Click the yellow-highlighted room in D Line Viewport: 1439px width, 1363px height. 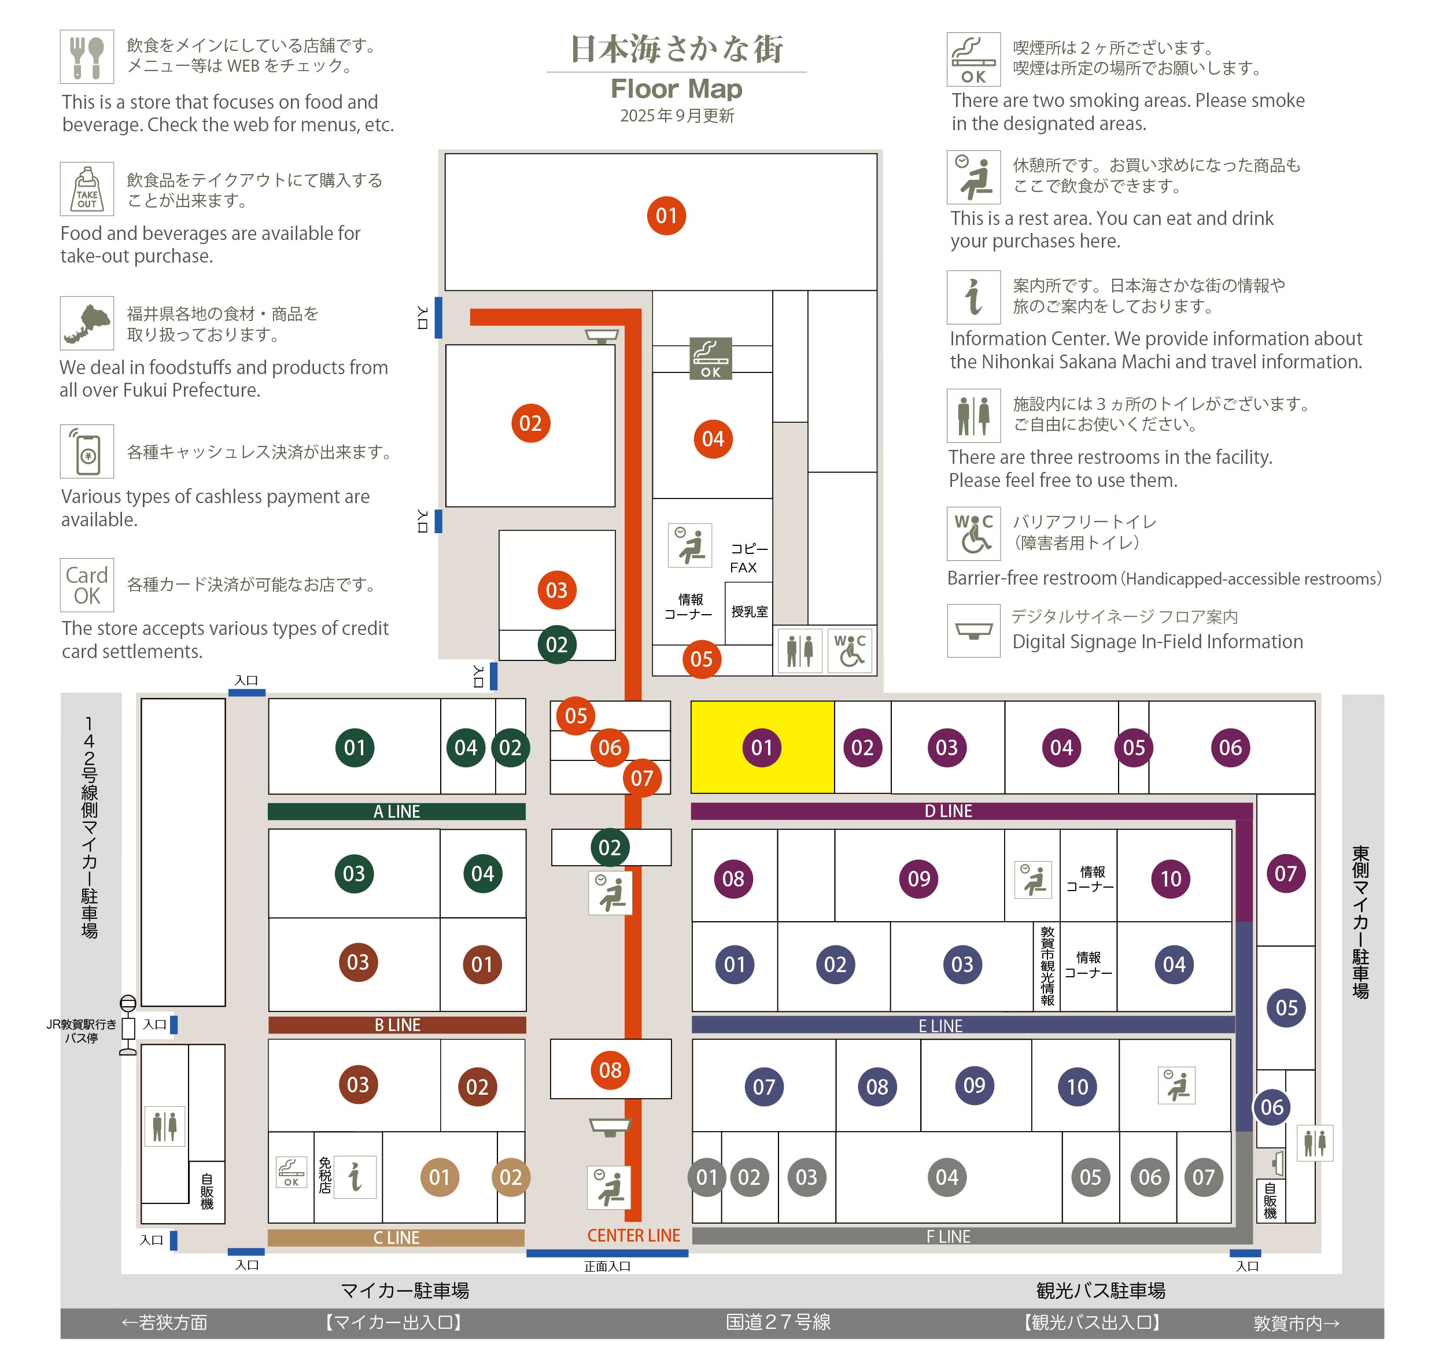762,747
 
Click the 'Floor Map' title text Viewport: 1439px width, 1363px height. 677,88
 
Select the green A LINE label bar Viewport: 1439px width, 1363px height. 397,811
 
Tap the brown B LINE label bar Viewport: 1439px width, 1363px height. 397,1025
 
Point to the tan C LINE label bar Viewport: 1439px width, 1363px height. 396,1238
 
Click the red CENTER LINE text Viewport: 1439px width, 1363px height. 634,1236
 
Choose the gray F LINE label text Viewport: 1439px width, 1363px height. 949,1236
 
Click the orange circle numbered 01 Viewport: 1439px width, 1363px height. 666,216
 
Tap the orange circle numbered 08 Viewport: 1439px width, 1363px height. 611,1070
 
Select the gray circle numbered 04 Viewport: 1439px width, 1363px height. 947,1177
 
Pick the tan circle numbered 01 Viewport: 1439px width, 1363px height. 440,1177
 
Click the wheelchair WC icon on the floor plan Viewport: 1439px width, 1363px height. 850,651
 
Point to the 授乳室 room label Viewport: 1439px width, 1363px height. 750,612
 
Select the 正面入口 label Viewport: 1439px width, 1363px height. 607,1266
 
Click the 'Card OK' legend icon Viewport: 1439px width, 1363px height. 87,585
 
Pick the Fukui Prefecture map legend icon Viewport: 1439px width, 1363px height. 87,323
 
